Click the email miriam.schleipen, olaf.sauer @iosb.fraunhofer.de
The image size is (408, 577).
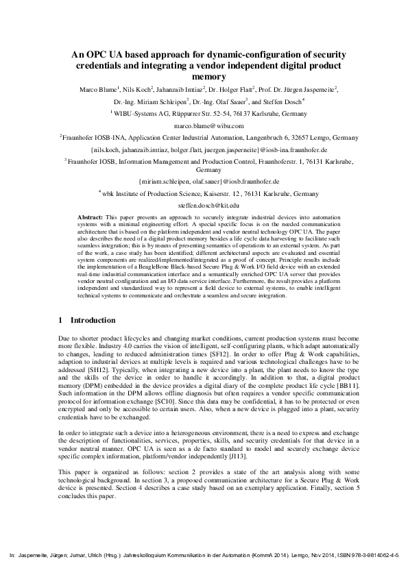209,182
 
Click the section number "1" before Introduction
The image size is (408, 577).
61,320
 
